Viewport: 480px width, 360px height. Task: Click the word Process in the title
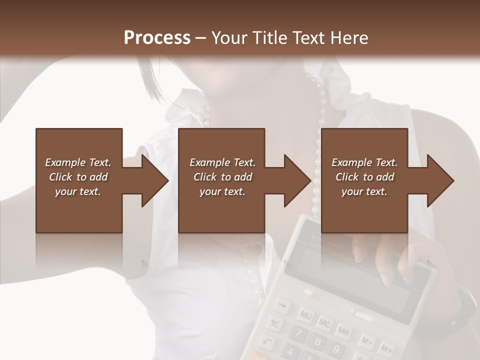point(157,37)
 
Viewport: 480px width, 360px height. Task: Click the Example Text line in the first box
point(78,162)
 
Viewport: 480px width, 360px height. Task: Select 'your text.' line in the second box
point(222,191)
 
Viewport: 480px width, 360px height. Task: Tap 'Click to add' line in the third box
point(364,177)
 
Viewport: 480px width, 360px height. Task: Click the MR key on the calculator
point(343,331)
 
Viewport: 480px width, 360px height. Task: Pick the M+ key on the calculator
point(385,348)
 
